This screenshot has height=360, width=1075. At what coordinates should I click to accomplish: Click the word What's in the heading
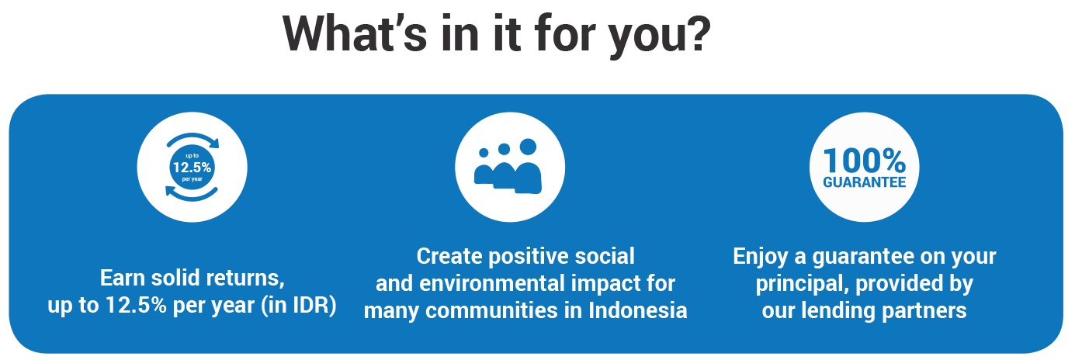355,33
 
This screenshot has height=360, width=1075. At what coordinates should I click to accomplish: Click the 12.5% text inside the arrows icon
192,167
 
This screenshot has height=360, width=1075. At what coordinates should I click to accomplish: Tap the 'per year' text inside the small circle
192,179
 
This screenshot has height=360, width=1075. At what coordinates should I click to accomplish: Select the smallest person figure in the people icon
484,168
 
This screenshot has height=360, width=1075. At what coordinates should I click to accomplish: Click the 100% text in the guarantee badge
865,161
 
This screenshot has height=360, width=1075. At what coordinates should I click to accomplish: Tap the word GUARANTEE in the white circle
865,182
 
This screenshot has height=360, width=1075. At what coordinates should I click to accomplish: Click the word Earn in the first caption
123,278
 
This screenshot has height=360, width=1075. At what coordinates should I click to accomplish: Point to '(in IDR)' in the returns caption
299,305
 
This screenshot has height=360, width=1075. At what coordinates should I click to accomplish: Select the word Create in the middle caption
449,256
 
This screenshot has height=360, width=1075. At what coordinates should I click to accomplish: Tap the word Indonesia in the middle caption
638,310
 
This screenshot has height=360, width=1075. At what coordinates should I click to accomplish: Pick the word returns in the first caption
242,279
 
